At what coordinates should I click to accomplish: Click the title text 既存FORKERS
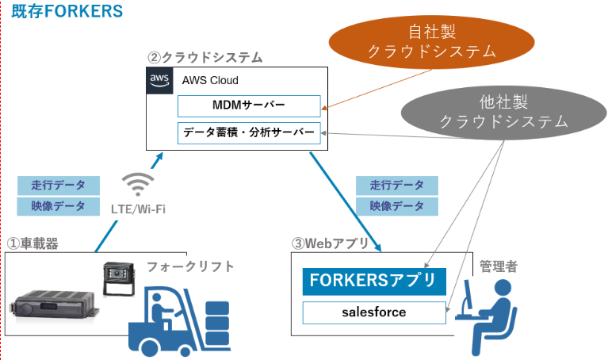point(67,11)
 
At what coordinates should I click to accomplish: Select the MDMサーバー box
point(248,105)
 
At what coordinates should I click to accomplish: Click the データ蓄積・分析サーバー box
point(248,132)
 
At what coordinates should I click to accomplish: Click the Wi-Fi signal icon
point(140,185)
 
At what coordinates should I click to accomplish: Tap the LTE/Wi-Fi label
point(140,209)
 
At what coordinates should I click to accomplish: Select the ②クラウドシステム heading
point(205,58)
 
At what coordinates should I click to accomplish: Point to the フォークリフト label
point(190,266)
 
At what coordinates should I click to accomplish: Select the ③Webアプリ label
point(331,243)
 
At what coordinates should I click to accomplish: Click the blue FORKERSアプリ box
point(374,281)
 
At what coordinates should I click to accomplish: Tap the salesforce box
point(374,312)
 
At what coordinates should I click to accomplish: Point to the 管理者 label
point(499,266)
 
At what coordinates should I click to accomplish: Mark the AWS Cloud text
point(210,80)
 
